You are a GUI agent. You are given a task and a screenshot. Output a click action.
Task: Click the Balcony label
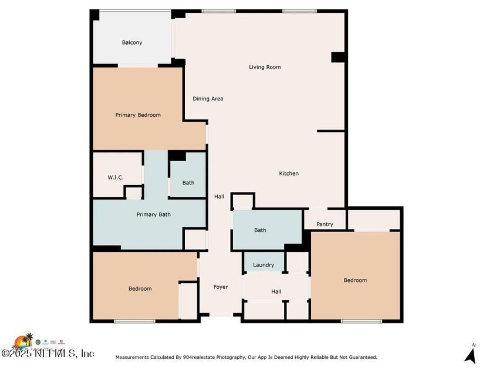pos(132,42)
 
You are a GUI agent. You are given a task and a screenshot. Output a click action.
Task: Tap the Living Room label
pos(265,67)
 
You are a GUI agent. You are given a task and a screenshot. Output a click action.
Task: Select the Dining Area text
pos(208,99)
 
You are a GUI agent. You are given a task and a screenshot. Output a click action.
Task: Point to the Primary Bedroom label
pos(138,115)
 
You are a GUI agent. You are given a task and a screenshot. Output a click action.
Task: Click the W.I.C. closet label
pos(115,177)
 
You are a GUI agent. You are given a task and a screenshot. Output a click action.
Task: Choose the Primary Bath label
pos(153,214)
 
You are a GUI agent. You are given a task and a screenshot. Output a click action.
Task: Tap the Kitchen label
pos(289,173)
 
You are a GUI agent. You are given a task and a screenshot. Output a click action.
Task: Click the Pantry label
pos(325,224)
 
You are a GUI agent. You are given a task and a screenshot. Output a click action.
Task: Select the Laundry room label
pos(264,265)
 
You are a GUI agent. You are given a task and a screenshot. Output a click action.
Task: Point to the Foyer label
pos(220,287)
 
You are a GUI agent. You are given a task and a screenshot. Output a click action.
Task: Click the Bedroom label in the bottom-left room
pos(140,288)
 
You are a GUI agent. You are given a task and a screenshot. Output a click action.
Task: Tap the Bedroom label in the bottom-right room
pos(355,280)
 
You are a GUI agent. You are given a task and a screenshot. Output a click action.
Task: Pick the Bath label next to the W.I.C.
pos(188,183)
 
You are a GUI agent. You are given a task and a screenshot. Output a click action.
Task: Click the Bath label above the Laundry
pos(260,230)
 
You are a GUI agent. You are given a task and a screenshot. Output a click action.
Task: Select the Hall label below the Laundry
pos(276,291)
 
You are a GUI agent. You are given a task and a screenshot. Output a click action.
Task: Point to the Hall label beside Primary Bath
pos(219,197)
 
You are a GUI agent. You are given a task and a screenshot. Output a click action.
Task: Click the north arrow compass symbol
pos(470,354)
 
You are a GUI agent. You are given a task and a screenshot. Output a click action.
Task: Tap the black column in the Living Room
pos(337,57)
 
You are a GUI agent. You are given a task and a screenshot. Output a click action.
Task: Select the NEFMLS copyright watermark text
pos(48,354)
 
